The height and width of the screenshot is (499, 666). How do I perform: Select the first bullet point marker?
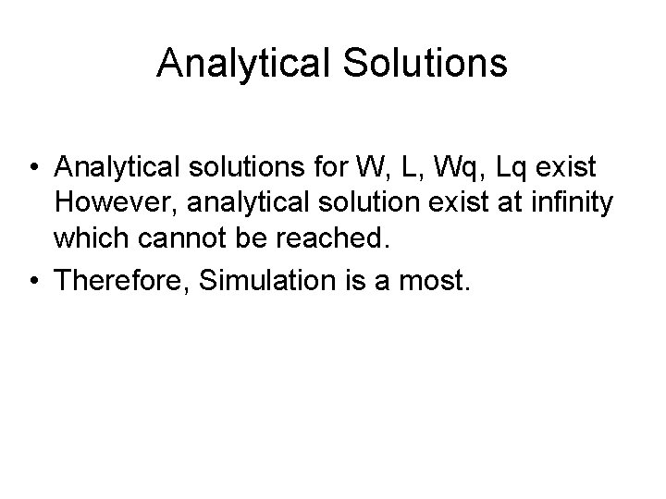point(32,168)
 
